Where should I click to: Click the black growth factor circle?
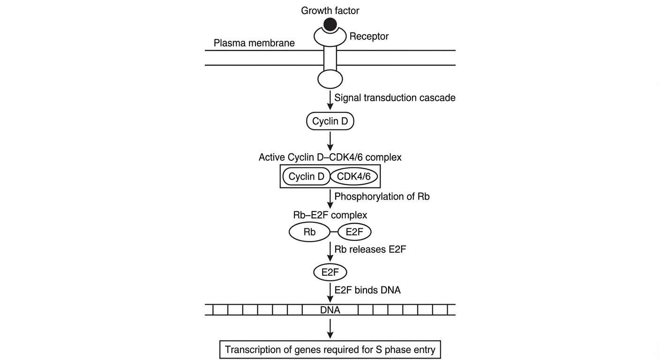tap(330, 24)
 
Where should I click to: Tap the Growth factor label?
tap(330, 11)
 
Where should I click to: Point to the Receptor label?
tap(369, 36)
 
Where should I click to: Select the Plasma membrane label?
tap(254, 43)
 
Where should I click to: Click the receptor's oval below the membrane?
tap(330, 79)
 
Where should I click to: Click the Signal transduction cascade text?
tap(395, 98)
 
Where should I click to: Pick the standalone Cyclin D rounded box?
tap(330, 121)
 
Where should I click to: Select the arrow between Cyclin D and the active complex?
tap(330, 142)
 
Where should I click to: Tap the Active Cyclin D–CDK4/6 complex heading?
tap(330, 157)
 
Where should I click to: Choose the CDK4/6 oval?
tap(354, 176)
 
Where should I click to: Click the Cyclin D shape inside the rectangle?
tap(307, 176)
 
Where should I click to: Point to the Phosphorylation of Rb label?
tap(382, 196)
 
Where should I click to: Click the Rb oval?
tap(309, 232)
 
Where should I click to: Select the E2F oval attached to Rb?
tap(354, 232)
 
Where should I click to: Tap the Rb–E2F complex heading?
tap(330, 215)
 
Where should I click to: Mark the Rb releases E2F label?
tap(370, 249)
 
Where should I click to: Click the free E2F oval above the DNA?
tap(330, 272)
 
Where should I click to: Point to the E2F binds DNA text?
tap(367, 290)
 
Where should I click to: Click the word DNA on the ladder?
tap(330, 310)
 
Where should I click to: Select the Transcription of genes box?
tap(330, 350)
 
